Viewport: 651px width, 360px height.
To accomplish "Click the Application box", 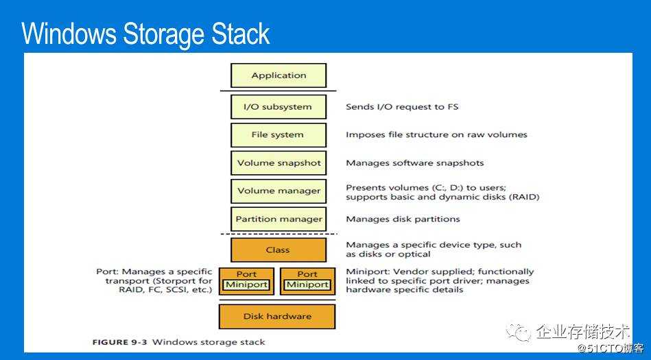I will (278, 75).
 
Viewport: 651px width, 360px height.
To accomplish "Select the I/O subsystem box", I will (278, 107).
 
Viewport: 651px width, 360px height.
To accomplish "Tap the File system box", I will (278, 135).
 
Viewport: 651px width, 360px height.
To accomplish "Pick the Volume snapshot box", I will (278, 163).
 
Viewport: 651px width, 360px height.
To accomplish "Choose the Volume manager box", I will (278, 191).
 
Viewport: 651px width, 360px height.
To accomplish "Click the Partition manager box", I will (278, 219).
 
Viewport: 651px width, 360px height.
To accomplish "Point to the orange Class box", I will (278, 250).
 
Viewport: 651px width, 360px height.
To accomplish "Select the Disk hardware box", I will (277, 316).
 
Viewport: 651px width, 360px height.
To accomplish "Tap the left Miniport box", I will (246, 285).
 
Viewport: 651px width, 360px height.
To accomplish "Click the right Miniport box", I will (307, 285).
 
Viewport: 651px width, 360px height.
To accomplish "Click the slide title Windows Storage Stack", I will (145, 34).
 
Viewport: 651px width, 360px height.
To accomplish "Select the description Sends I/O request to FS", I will (402, 107).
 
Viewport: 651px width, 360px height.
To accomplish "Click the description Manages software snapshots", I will (414, 163).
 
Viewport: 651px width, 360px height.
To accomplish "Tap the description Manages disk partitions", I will (403, 219).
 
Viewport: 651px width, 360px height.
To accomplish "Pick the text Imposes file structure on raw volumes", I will (436, 135).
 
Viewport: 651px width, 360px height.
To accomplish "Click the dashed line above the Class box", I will (278, 234).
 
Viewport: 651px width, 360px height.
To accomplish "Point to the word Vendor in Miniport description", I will (402, 272).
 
